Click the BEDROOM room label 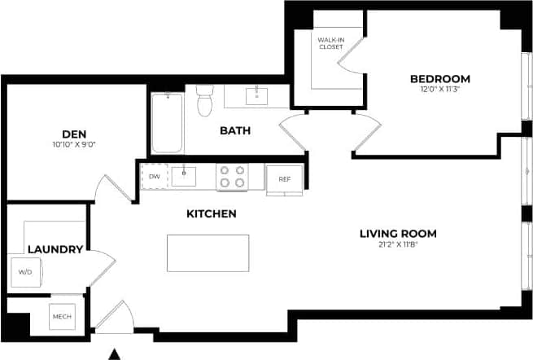(439, 79)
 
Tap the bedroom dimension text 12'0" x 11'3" (439, 90)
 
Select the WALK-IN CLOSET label (330, 42)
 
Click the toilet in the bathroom (205, 103)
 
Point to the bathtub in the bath (167, 122)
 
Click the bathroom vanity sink (256, 95)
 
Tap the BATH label (235, 130)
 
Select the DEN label (74, 134)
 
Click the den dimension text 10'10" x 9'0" (74, 145)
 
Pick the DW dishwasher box (153, 177)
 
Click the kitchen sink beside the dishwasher (184, 176)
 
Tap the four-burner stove (231, 177)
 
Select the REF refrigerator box (284, 179)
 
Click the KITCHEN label (212, 214)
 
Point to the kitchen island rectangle (208, 252)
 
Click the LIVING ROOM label (398, 234)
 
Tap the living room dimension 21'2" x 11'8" (398, 244)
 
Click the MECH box (62, 316)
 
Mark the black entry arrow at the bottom (115, 353)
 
